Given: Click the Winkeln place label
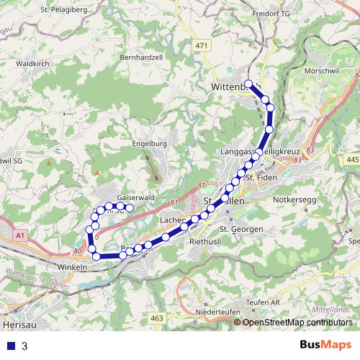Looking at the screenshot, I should coord(71,266).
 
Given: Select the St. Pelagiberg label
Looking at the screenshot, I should coord(65,9).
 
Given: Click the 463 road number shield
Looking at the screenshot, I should coord(158,318).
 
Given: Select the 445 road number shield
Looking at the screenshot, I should coord(352,159).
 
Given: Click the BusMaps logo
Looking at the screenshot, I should coord(325,346).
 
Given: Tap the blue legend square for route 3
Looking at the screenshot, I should coord(10,346).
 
